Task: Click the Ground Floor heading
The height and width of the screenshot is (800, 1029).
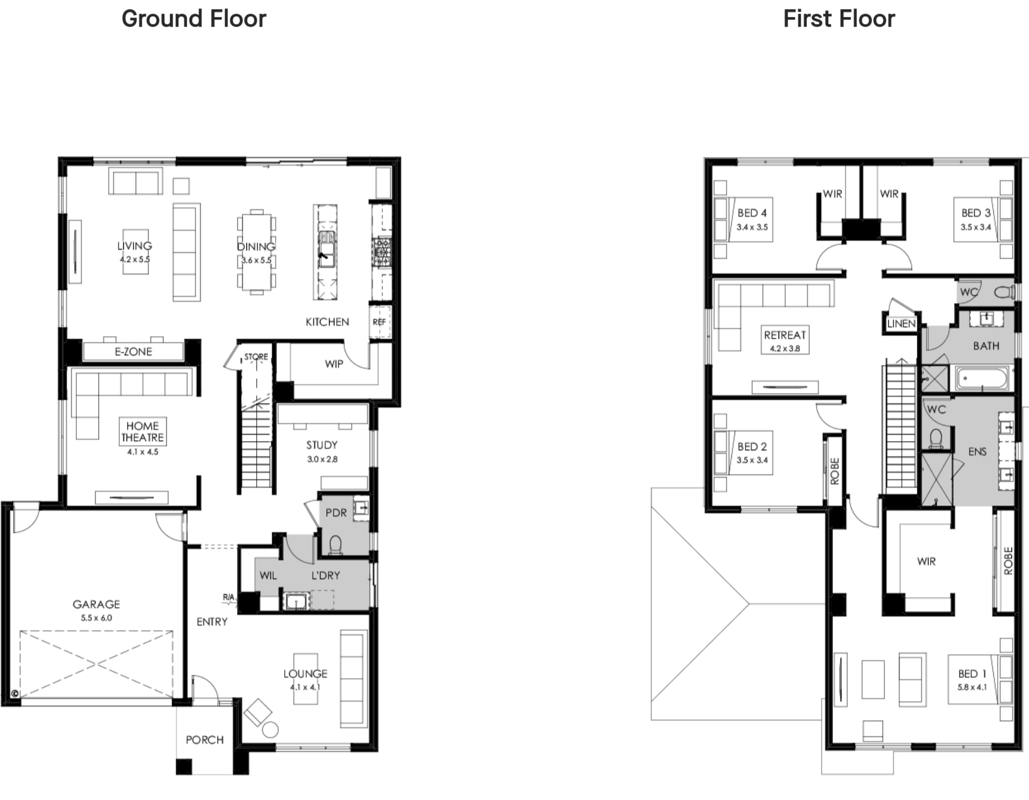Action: [194, 20]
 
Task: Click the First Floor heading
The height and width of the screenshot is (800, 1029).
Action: [839, 19]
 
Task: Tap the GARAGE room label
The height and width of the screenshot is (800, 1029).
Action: [96, 604]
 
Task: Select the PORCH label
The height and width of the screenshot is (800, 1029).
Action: [205, 739]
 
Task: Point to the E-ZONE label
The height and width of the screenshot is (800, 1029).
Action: [134, 352]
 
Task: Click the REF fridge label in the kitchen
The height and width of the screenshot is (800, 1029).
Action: [379, 322]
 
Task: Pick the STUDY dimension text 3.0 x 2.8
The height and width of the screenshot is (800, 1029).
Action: [322, 459]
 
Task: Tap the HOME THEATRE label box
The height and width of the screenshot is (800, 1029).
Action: [143, 431]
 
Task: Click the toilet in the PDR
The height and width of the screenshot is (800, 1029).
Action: [335, 545]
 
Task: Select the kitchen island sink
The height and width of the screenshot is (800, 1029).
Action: [326, 249]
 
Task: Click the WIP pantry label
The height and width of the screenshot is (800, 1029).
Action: [334, 364]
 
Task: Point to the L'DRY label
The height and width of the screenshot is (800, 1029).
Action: [326, 576]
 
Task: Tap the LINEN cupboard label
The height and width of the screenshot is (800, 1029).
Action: [901, 324]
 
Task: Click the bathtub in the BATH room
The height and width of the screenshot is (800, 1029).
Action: [982, 379]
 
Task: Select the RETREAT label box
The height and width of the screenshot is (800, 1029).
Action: [785, 339]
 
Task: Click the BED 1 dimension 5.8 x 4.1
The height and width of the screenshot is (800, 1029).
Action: [972, 687]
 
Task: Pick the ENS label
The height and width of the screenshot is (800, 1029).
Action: [978, 451]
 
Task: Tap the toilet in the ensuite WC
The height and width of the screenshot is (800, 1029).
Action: [936, 438]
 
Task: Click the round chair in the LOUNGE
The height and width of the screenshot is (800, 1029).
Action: [270, 730]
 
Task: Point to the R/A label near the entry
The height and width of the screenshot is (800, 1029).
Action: [229, 597]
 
